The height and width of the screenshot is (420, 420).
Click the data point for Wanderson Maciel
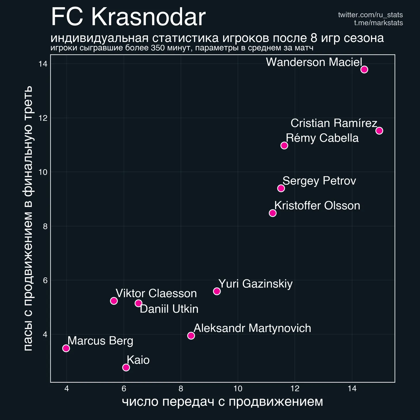[x=364, y=70]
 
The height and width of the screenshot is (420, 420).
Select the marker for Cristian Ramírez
[x=379, y=131]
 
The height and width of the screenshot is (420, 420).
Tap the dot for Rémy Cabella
[x=284, y=145]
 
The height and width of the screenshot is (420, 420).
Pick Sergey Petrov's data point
[x=281, y=188]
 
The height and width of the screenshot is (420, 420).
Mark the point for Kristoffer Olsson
[x=273, y=213]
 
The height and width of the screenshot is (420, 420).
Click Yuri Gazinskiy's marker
[x=217, y=291]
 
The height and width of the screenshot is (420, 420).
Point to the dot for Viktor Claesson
[x=114, y=301]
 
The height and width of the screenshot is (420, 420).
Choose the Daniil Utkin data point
[x=138, y=303]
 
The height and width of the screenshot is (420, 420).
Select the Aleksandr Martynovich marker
[x=191, y=336]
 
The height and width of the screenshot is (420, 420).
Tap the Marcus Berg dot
[x=66, y=348]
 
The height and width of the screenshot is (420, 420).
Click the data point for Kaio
[x=126, y=367]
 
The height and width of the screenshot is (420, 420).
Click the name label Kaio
[x=138, y=360]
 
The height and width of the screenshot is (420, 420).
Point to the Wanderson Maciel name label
[x=314, y=62]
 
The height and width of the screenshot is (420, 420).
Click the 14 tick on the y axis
[x=43, y=64]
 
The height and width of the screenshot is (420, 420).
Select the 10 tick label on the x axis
[x=238, y=389]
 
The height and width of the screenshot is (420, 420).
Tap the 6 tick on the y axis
[x=45, y=280]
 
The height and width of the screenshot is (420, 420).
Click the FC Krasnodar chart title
[x=128, y=17]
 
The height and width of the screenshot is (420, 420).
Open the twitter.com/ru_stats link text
[x=370, y=15]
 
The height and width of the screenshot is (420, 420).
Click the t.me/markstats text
[x=378, y=23]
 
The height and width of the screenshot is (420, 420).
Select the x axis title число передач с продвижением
[x=222, y=402]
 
